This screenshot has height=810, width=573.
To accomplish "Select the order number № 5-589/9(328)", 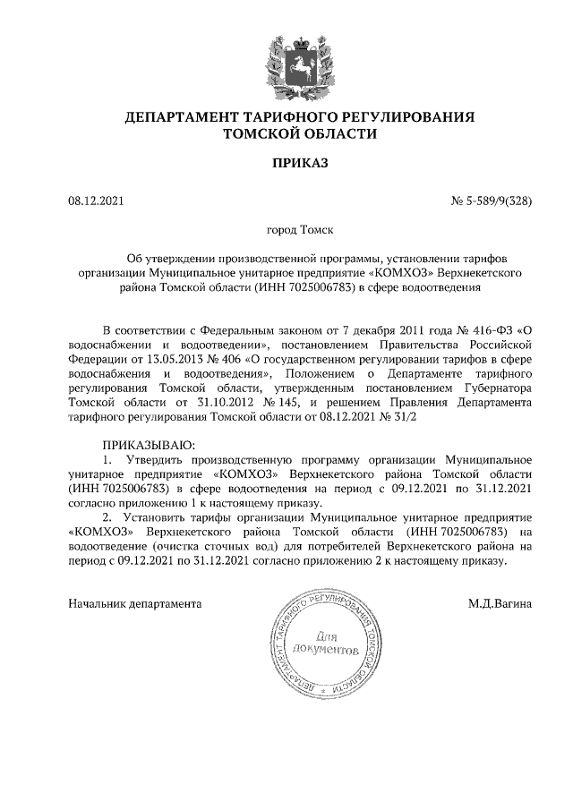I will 491,200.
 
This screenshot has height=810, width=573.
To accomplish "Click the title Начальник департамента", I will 135,603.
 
